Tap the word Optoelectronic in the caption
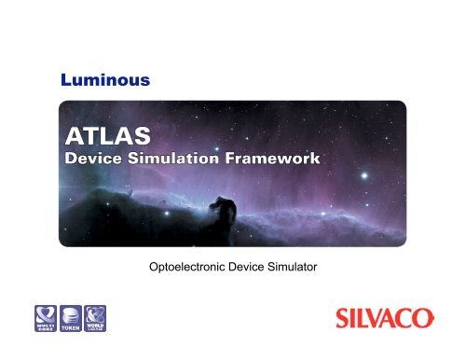(x=180, y=269)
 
